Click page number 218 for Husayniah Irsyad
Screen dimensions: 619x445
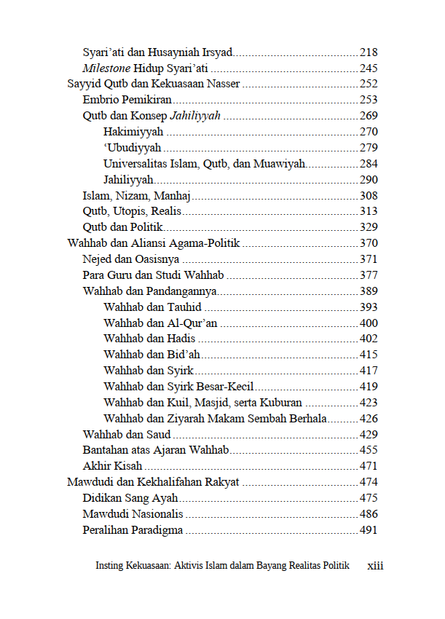pyautogui.click(x=369, y=53)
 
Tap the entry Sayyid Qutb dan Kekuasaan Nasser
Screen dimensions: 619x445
pyautogui.click(x=154, y=84)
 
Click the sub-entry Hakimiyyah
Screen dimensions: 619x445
pyautogui.click(x=133, y=133)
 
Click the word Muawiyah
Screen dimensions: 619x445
pyautogui.click(x=280, y=164)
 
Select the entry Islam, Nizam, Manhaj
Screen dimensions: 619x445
pyautogui.click(x=136, y=196)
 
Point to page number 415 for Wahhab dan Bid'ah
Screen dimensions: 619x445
pyautogui.click(x=369, y=355)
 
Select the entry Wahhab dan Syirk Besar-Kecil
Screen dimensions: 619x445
pyautogui.click(x=178, y=387)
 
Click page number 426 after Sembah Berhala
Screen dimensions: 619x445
pyautogui.click(x=369, y=419)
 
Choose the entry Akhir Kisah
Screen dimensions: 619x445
pyautogui.click(x=112, y=466)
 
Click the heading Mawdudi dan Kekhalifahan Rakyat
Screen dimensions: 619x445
pyautogui.click(x=153, y=482)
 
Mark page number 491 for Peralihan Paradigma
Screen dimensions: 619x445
pyautogui.click(x=369, y=530)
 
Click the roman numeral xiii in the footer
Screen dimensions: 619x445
pyautogui.click(x=375, y=566)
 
